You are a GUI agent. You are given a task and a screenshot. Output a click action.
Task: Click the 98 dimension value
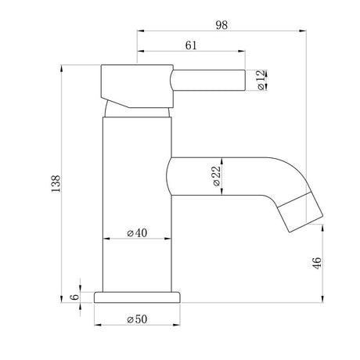221,25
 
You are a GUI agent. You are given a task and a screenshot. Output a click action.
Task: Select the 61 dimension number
191,45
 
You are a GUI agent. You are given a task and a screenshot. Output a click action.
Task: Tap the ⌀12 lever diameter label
261,80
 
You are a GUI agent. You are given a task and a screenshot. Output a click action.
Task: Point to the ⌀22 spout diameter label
217,176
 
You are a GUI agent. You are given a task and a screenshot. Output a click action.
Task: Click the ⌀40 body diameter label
137,232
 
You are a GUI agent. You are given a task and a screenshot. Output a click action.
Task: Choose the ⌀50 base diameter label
137,319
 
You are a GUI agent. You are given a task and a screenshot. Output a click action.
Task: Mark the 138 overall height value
56,184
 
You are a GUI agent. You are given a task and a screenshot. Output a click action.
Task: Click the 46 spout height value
317,263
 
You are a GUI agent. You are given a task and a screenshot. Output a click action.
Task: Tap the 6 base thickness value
74,297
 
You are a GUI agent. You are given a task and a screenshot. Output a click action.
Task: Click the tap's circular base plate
137,297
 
